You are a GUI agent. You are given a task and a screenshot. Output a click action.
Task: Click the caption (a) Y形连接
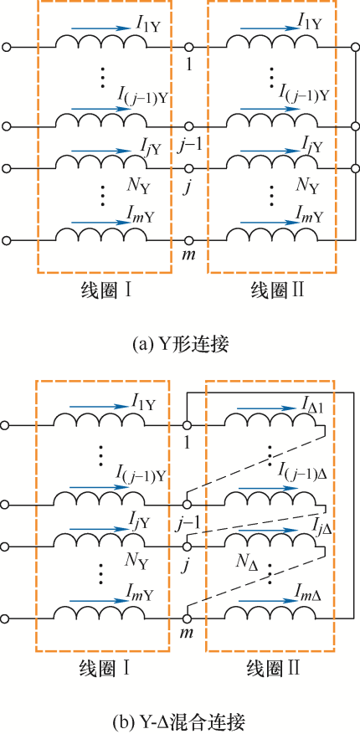[x=181, y=345]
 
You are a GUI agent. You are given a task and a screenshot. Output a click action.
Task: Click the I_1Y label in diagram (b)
[x=145, y=400]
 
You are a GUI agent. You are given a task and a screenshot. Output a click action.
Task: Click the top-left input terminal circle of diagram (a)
[x=7, y=47]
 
